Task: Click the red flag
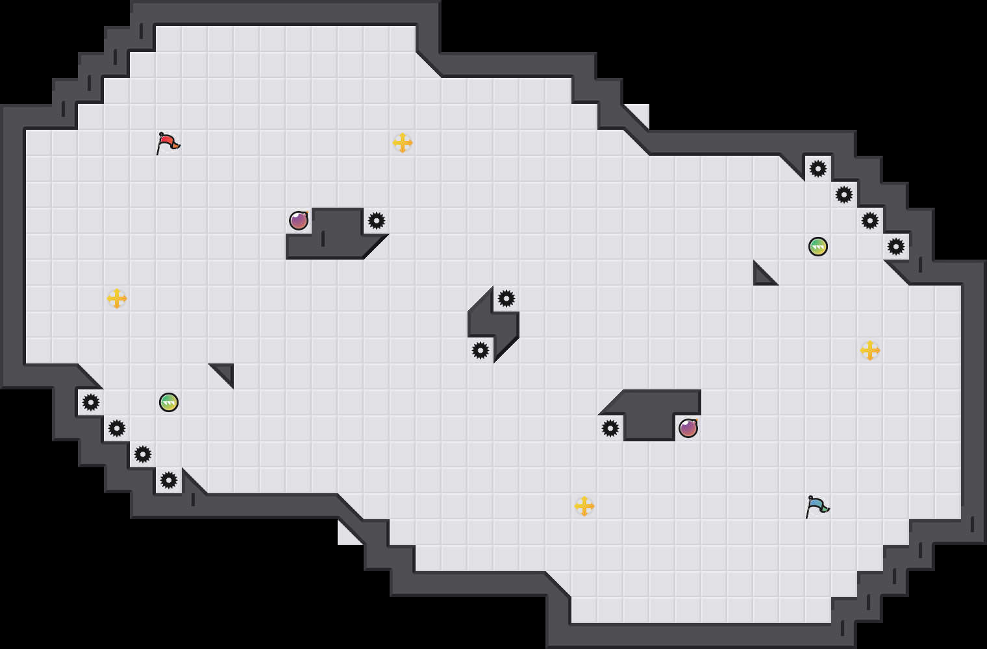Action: [168, 142]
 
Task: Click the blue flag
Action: [817, 506]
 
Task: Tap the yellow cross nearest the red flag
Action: [403, 143]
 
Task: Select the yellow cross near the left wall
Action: [117, 299]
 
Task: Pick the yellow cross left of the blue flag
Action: [584, 506]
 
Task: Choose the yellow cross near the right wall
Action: [870, 350]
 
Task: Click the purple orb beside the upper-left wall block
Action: [299, 221]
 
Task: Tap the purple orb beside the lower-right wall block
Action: [688, 428]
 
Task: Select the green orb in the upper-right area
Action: [818, 247]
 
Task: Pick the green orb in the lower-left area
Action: [169, 402]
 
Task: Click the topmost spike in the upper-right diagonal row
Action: [818, 169]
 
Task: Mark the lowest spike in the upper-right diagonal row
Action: [896, 247]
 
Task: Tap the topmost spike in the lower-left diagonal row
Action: [91, 402]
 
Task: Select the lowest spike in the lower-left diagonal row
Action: [169, 480]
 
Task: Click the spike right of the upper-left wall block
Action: [377, 221]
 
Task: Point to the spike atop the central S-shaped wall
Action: [506, 299]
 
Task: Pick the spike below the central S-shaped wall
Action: [481, 350]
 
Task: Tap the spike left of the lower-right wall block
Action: [610, 428]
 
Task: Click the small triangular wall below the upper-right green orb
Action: [761, 276]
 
